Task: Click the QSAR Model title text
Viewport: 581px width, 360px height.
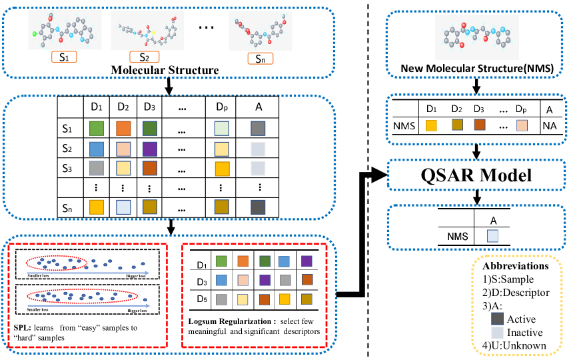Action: (x=476, y=175)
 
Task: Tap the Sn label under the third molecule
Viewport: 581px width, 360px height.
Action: (x=261, y=59)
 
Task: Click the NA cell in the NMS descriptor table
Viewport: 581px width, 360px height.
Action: (x=550, y=125)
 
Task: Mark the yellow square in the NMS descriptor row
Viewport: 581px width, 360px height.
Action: (x=432, y=125)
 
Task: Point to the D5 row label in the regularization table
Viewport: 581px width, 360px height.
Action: (x=200, y=301)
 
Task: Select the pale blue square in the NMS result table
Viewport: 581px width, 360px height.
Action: (x=492, y=235)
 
